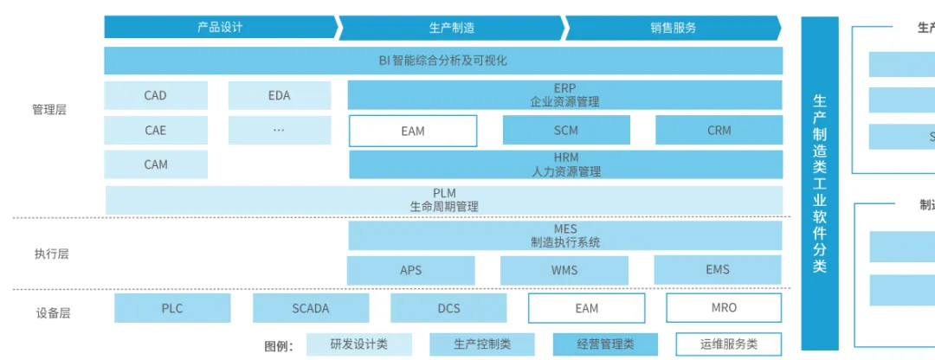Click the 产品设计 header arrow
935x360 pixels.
pos(220,27)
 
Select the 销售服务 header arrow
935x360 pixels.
pos(673,27)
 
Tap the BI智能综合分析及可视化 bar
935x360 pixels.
pos(442,61)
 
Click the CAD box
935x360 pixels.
pos(156,95)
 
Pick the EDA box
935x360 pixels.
pos(279,95)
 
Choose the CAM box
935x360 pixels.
pos(156,164)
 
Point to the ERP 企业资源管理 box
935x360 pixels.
pos(564,95)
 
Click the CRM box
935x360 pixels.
pos(719,131)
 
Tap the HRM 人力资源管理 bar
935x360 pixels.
pos(565,164)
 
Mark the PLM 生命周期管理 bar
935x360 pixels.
pos(443,200)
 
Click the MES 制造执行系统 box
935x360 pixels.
pos(564,235)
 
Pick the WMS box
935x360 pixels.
pos(564,270)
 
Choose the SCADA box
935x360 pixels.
pos(310,308)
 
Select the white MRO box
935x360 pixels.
pos(723,308)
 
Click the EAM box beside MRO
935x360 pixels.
pos(586,308)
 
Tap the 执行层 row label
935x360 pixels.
pos(51,254)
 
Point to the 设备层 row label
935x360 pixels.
pos(51,313)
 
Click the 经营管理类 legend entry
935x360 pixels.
pos(605,344)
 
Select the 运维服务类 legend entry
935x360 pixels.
pos(728,344)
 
